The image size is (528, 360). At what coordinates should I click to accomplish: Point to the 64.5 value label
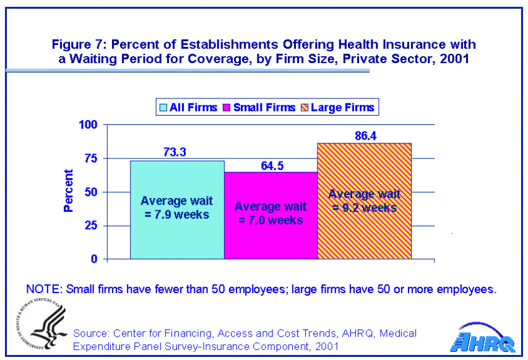tap(270, 164)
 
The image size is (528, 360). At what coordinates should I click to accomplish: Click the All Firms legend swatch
tap(164, 108)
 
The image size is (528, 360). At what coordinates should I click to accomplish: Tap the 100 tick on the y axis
tap(89, 125)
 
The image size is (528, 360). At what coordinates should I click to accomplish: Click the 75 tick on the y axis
tap(92, 158)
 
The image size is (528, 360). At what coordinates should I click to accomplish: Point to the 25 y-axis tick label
tap(92, 225)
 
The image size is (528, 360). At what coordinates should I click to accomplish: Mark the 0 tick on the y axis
tap(95, 259)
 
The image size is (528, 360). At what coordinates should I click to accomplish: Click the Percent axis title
tap(69, 191)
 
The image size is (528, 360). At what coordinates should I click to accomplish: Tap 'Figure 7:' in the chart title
tap(77, 45)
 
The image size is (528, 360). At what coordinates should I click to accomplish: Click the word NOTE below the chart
tap(44, 289)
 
